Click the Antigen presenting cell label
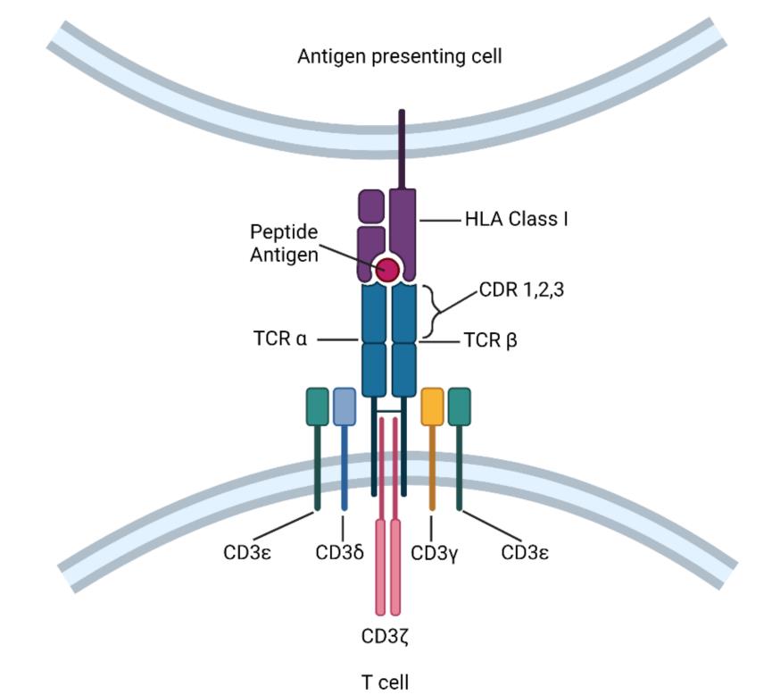(399, 57)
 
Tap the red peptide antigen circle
(388, 269)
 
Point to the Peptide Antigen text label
(284, 243)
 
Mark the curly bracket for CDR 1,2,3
(434, 311)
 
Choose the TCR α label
(280, 340)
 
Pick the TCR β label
(491, 340)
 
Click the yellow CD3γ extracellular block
(432, 406)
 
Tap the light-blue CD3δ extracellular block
(344, 406)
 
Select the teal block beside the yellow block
(459, 406)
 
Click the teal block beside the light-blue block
(317, 406)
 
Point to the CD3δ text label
(340, 552)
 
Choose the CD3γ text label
(435, 552)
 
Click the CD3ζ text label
(385, 637)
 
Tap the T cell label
(385, 682)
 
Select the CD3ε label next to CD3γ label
(525, 552)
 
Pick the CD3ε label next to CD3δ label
(247, 552)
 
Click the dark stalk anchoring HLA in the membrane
(402, 147)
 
